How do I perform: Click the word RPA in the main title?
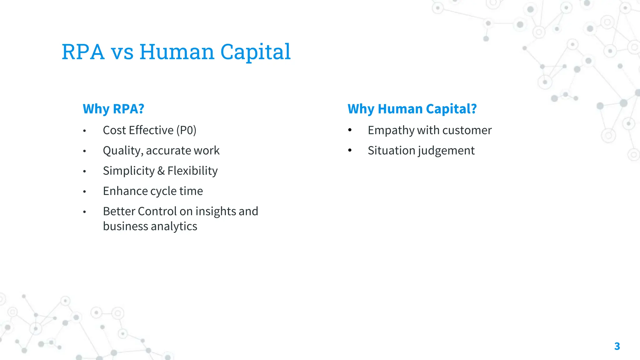(83, 52)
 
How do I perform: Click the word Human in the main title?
(177, 52)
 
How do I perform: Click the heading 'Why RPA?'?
(113, 109)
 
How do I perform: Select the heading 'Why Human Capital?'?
(412, 109)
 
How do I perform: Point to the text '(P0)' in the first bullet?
(186, 130)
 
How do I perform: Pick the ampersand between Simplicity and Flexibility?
(161, 171)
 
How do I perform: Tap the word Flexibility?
(192, 171)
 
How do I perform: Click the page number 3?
(617, 346)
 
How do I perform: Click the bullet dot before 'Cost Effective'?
(84, 131)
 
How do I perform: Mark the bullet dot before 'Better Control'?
(84, 212)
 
